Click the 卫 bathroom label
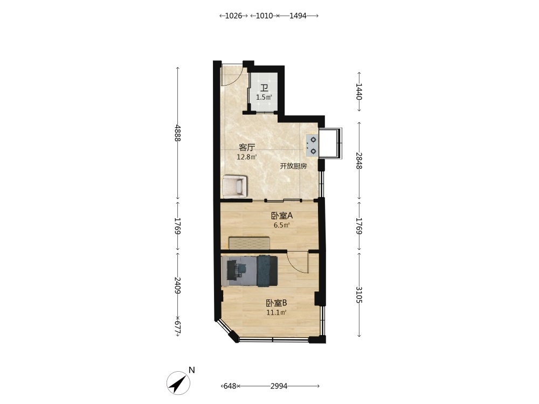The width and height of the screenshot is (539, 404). (264, 88)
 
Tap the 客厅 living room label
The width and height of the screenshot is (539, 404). (247, 148)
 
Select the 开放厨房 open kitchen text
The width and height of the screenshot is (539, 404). (293, 166)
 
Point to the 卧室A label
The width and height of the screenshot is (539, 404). (282, 216)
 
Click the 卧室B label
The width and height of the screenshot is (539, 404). (277, 303)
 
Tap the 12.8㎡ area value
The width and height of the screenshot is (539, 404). (247, 157)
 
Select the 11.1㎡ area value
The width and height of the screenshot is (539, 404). (277, 312)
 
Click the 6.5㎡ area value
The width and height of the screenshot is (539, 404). (282, 225)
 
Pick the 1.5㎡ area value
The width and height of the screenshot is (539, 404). (264, 97)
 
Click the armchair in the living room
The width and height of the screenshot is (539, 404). (235, 186)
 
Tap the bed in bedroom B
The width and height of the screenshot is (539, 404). (250, 271)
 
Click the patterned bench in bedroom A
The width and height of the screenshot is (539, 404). (250, 242)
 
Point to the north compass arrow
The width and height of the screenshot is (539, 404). (178, 382)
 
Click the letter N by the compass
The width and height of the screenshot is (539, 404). (192, 370)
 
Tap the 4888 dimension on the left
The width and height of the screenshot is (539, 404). (177, 133)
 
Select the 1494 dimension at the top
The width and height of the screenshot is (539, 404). (298, 16)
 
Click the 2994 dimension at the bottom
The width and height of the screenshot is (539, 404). (279, 386)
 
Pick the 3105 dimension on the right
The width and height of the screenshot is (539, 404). (359, 295)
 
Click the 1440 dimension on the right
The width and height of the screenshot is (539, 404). (359, 91)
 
